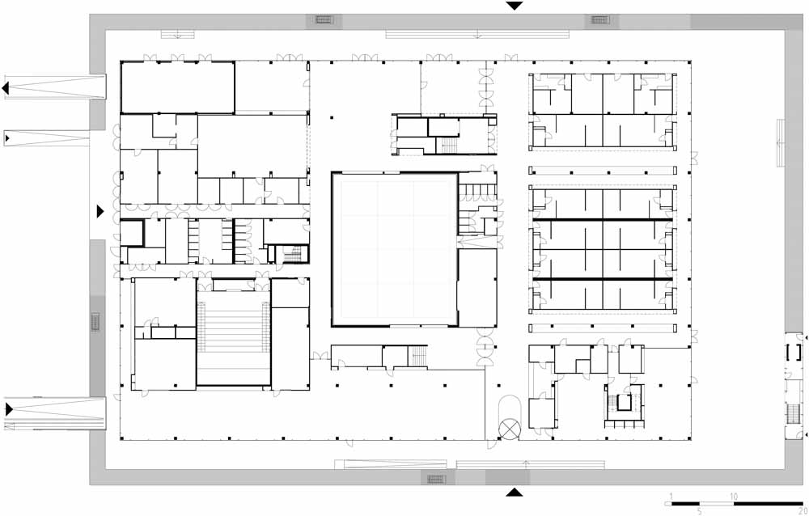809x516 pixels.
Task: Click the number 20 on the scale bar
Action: coord(802,511)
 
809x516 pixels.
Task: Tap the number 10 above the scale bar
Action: coord(733,497)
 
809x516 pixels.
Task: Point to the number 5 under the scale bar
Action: coord(700,511)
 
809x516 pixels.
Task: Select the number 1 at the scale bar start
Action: coord(671,497)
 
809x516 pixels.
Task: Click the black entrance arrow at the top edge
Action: coord(515,6)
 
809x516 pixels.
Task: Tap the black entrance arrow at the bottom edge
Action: coord(514,493)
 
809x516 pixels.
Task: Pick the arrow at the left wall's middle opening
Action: coord(100,211)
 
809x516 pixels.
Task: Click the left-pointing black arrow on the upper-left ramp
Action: coord(5,88)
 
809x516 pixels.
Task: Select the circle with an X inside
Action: coord(510,429)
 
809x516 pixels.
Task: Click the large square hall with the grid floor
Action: coord(395,249)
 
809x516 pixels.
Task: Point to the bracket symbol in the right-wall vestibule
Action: coord(794,352)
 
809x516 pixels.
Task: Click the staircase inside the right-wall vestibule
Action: coord(794,414)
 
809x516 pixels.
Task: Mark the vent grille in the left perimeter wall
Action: coord(95,321)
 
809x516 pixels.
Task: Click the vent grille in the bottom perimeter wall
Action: coord(436,479)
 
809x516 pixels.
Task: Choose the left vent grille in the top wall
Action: coord(324,20)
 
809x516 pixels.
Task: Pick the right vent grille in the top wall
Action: coord(600,20)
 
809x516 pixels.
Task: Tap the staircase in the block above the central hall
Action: coord(449,145)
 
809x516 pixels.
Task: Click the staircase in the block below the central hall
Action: coord(418,356)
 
